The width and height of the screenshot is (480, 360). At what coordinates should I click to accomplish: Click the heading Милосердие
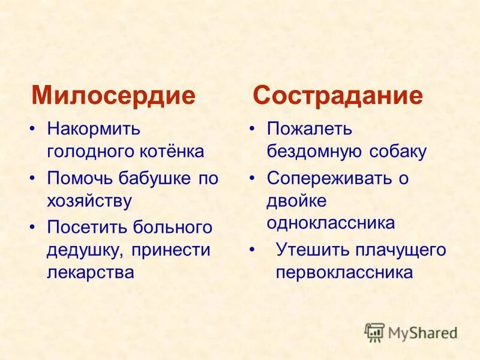click(x=113, y=96)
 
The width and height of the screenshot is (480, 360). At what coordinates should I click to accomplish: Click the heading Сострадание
click(x=338, y=96)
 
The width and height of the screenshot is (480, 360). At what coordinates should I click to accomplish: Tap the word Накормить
click(x=94, y=129)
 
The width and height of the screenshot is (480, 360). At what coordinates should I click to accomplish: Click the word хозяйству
click(x=89, y=200)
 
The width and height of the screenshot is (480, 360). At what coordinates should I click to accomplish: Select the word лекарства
click(x=90, y=271)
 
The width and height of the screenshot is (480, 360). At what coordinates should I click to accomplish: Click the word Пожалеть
click(x=310, y=129)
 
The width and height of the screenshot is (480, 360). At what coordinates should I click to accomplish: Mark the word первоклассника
click(x=344, y=272)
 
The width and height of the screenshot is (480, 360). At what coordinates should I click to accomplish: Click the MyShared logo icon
click(x=374, y=331)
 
